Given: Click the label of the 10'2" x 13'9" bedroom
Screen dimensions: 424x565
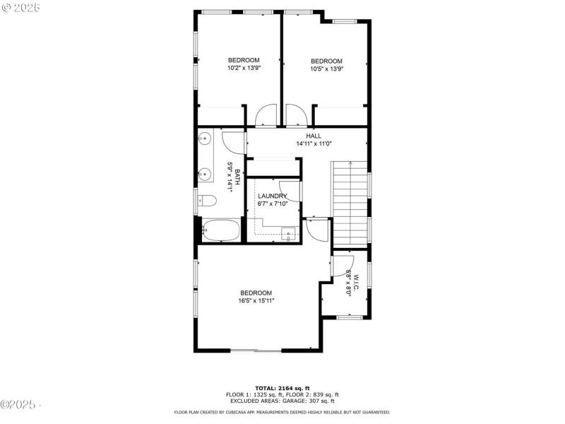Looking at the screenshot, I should pyautogui.click(x=243, y=60).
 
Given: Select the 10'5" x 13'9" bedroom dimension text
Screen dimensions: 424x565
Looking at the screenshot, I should pyautogui.click(x=326, y=69).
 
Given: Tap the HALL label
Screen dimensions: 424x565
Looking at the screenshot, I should pyautogui.click(x=314, y=136).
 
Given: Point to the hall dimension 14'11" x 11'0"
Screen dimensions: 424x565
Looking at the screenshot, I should pyautogui.click(x=314, y=143).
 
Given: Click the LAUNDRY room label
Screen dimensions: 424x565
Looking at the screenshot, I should pyautogui.click(x=272, y=196).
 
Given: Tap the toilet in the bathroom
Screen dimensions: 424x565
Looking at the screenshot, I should pyautogui.click(x=207, y=200).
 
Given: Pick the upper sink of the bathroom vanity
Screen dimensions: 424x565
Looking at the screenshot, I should pyautogui.click(x=204, y=139).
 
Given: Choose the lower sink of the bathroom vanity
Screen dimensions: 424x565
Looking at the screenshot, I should pyautogui.click(x=204, y=173).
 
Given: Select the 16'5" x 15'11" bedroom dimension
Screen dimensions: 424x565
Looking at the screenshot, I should pyautogui.click(x=256, y=301).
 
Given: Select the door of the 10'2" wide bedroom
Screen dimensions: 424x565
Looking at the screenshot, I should pyautogui.click(x=266, y=115).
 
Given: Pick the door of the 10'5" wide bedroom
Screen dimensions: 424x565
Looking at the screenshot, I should pyautogui.click(x=295, y=115).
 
